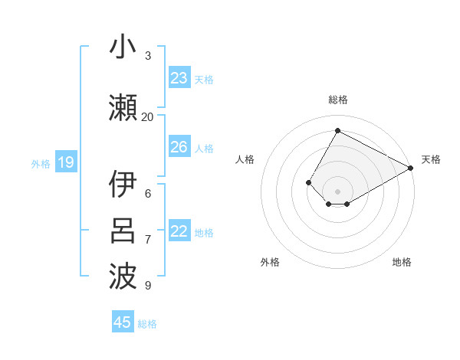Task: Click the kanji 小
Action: (123, 47)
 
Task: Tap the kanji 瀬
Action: (123, 108)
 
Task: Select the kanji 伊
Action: (123, 185)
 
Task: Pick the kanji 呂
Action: (123, 231)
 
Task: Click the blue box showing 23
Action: (179, 78)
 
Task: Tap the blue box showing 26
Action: (179, 147)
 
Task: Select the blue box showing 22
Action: (179, 231)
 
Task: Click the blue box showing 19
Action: (65, 162)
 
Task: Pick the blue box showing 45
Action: (123, 322)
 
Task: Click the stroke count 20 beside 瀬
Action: (148, 116)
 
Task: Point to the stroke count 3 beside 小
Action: (148, 56)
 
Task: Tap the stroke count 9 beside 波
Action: (148, 286)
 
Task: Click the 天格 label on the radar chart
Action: (431, 159)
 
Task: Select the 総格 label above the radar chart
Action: (337, 100)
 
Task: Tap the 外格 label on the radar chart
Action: (270, 262)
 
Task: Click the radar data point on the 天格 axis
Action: (411, 169)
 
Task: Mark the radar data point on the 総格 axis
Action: (337, 130)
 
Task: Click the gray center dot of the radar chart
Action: (337, 191)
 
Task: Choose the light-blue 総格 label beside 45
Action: (147, 324)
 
